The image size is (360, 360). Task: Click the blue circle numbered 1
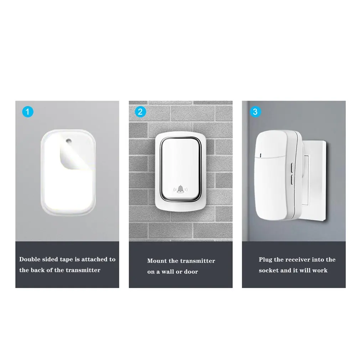coord(28,112)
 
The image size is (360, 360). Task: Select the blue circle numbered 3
coord(254,112)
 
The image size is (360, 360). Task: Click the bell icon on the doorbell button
coord(181,189)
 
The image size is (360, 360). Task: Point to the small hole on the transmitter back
coord(67,141)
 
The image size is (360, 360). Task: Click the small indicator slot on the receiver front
coord(261,155)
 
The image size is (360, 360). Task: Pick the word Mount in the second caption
coord(157,261)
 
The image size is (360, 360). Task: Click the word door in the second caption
coord(191,272)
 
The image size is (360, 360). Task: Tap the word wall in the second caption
coord(168,272)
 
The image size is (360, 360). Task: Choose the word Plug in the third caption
coord(266,259)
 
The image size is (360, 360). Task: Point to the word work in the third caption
coord(320,270)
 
